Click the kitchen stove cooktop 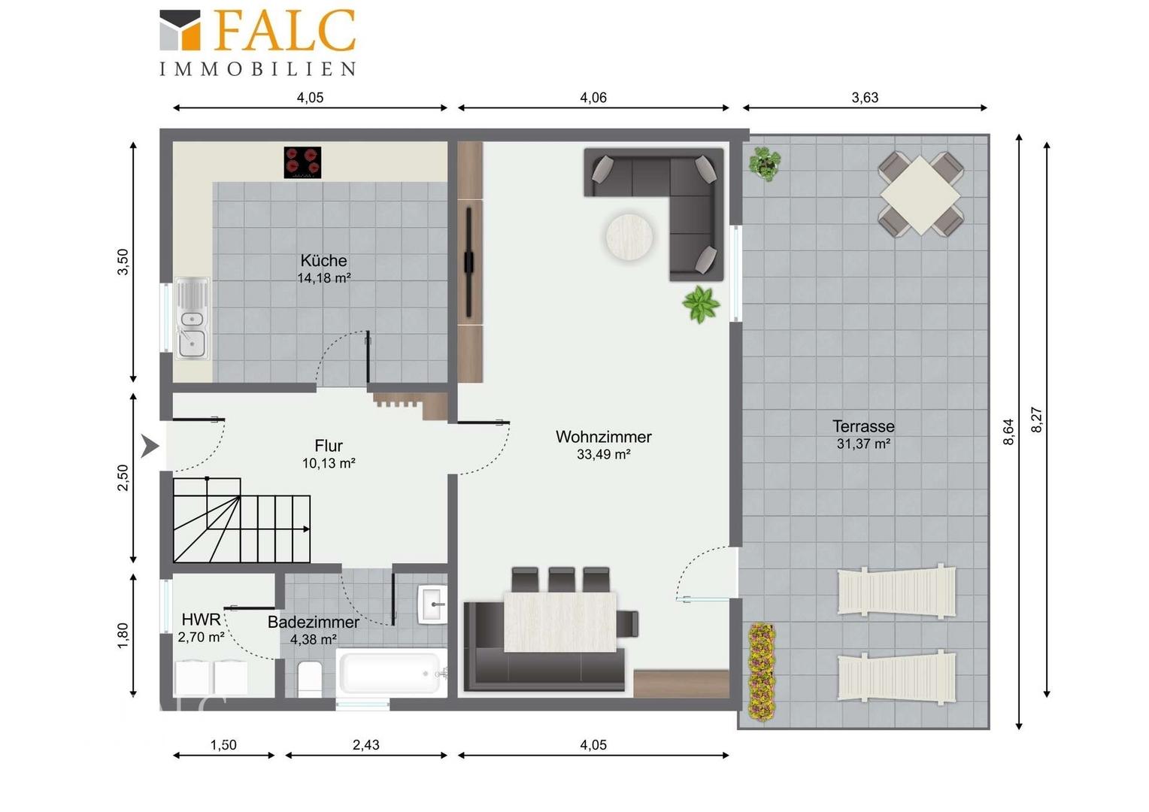click(x=302, y=162)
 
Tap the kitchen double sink click(x=193, y=319)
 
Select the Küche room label click(x=323, y=261)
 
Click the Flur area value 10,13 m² click(x=329, y=463)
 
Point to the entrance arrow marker click(x=150, y=446)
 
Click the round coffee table click(x=629, y=237)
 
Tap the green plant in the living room click(x=701, y=304)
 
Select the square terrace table click(x=920, y=195)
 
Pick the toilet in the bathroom click(x=310, y=679)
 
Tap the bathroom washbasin click(x=432, y=604)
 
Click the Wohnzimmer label click(x=603, y=437)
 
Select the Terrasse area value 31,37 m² click(x=863, y=444)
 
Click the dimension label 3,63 click(x=865, y=98)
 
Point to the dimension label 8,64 click(x=1009, y=432)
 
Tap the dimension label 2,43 click(x=365, y=745)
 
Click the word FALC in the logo click(x=284, y=30)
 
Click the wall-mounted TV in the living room click(x=468, y=262)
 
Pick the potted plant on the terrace click(x=765, y=164)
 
